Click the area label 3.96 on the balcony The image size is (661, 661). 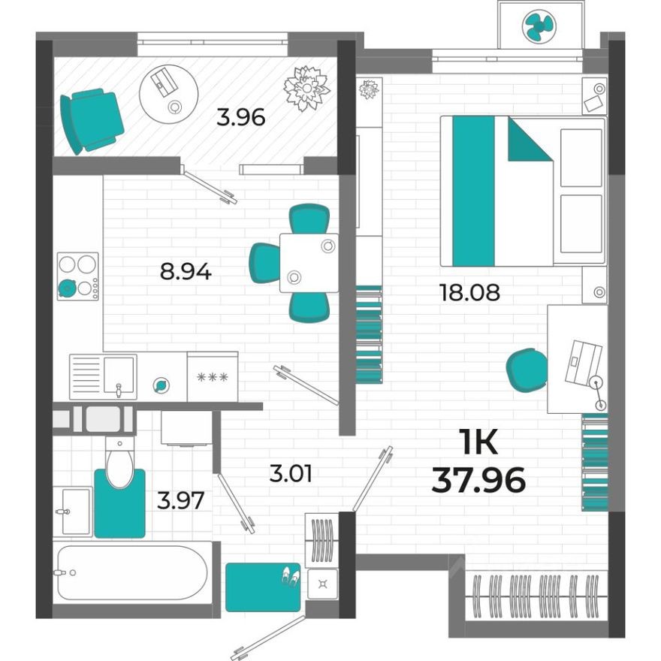coord(240,118)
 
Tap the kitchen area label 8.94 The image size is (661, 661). coord(186,270)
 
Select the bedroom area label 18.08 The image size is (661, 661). coord(469,291)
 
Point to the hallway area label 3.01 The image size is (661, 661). coord(291,474)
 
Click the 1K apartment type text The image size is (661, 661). coord(478,444)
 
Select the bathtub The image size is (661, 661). coord(131,572)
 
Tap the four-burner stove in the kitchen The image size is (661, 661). coord(78,276)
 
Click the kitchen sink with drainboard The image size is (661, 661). coord(103,376)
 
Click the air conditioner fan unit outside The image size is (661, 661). coord(541,27)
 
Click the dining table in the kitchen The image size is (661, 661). coord(309,263)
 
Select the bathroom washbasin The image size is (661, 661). coord(73,512)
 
